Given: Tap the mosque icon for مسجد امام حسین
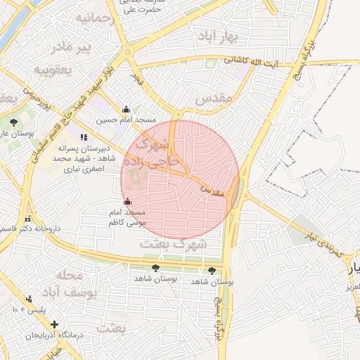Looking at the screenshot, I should [x=126, y=109].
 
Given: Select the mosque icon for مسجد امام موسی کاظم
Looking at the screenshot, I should [x=127, y=202].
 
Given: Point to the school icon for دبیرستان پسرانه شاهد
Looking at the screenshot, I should [x=84, y=137].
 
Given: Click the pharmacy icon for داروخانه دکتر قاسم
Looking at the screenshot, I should [x=28, y=219].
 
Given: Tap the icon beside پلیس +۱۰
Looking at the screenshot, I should [x=28, y=298].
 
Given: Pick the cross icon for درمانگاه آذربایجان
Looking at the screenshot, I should [x=55, y=325].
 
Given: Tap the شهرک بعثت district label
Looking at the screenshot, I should [x=173, y=244].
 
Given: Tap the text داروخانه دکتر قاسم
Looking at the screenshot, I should [x=32, y=229].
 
